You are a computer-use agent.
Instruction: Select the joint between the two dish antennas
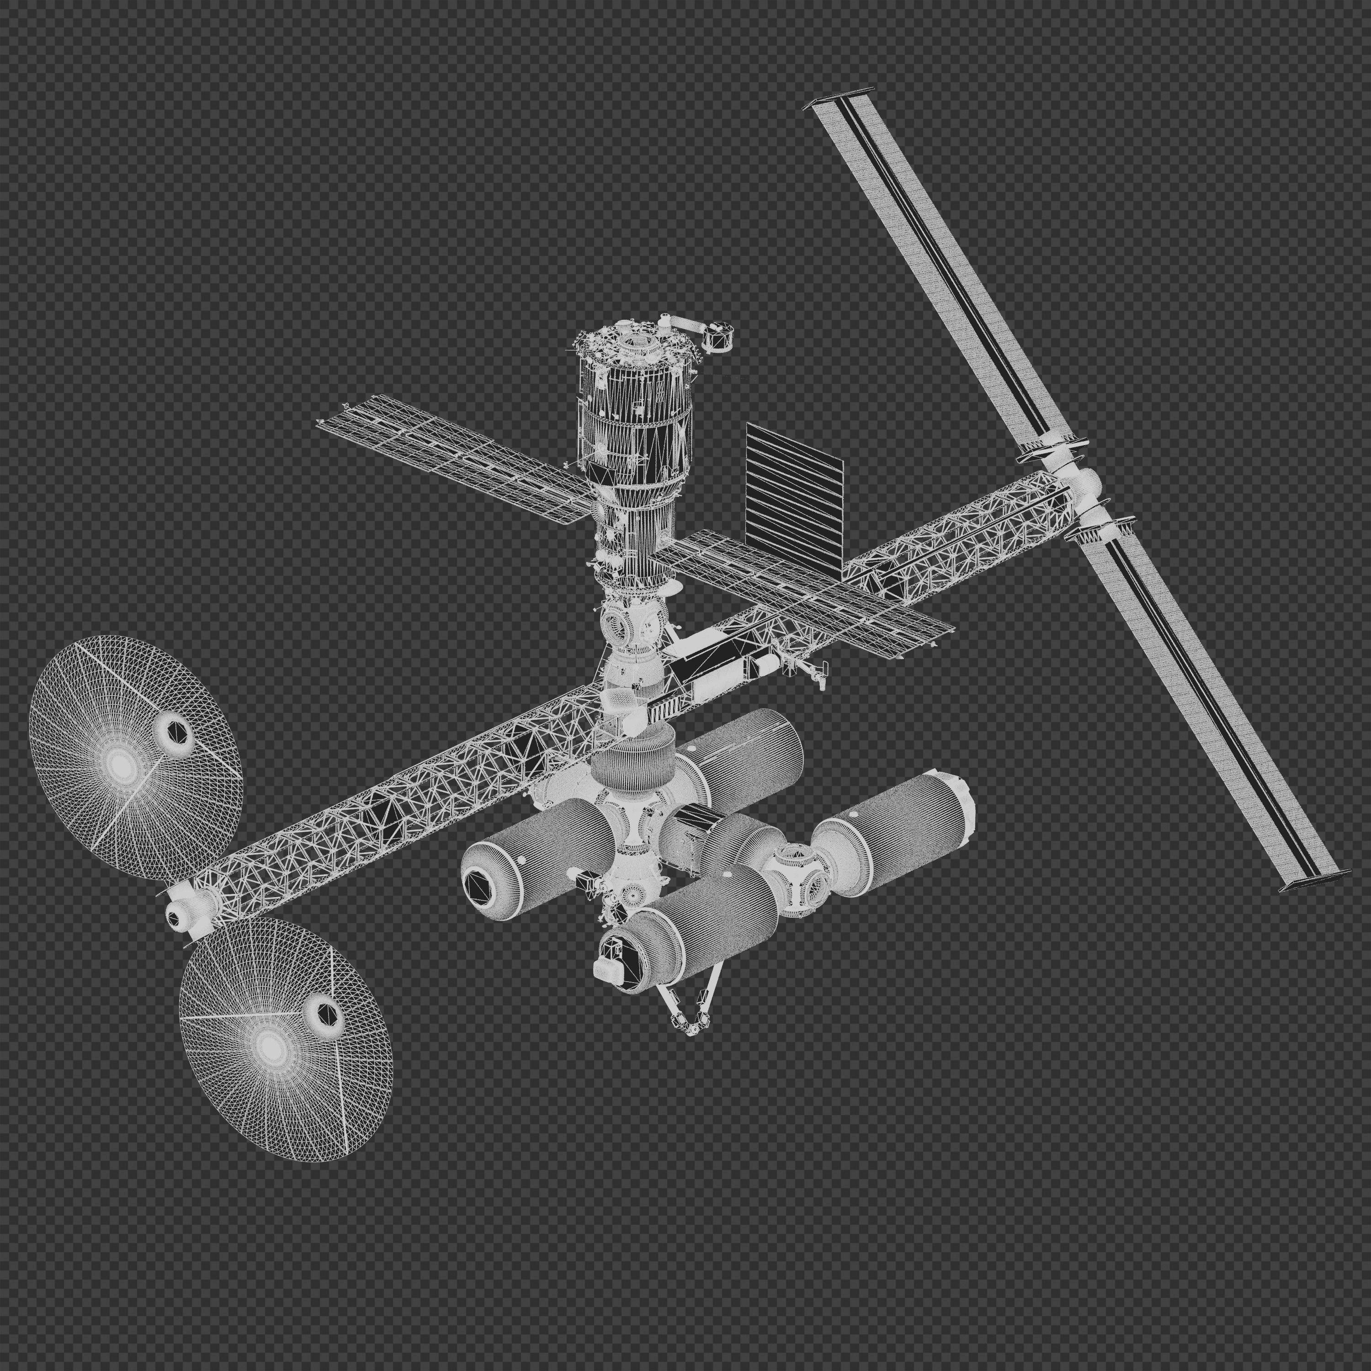tap(186, 909)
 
